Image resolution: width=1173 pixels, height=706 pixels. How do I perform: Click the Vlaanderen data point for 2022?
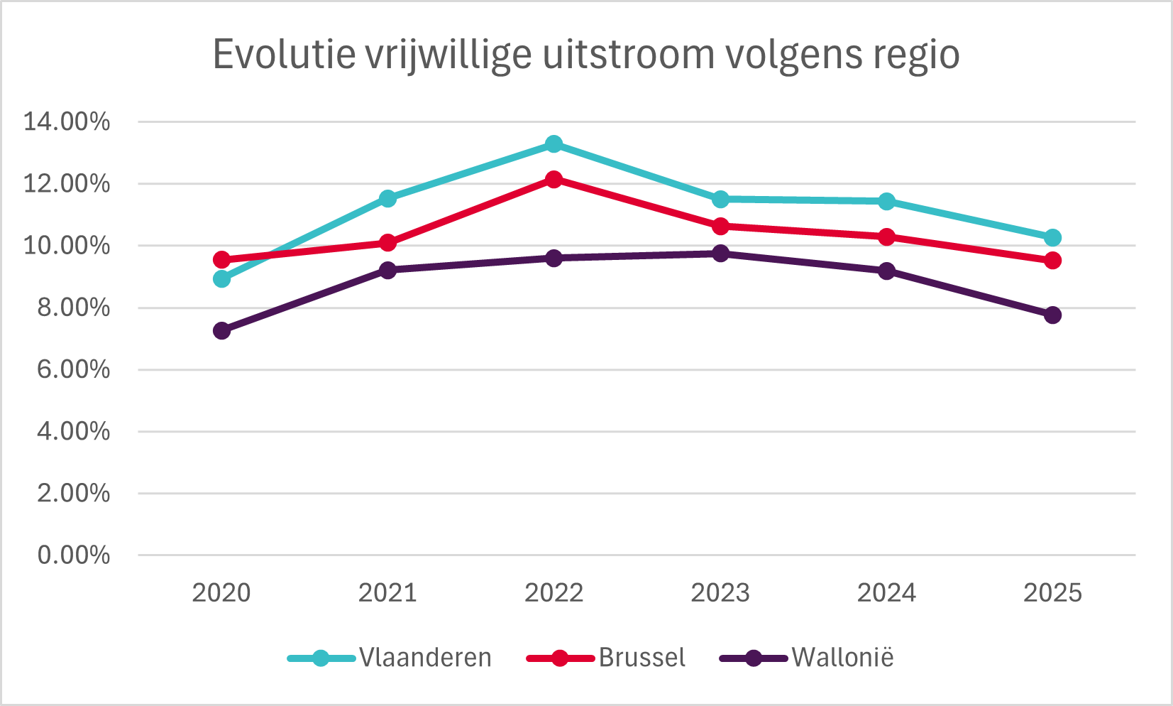click(554, 144)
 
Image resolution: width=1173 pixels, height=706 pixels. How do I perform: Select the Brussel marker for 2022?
click(554, 179)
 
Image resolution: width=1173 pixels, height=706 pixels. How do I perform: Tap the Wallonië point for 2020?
click(221, 331)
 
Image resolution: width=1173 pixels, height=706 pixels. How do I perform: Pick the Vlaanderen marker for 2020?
click(221, 279)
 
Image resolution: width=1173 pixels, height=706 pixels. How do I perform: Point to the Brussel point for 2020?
click(221, 259)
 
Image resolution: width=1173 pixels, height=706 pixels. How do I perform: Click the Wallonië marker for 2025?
click(1052, 315)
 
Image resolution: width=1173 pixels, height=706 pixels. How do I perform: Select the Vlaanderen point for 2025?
click(1052, 237)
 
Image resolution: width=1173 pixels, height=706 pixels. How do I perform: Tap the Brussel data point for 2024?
click(886, 237)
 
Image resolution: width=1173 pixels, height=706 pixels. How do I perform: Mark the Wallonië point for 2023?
click(720, 254)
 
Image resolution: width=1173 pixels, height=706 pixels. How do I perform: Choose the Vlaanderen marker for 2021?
click(387, 198)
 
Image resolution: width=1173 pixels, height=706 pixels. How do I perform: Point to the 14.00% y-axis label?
click(67, 121)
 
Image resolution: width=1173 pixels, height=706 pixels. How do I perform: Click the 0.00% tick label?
click(73, 555)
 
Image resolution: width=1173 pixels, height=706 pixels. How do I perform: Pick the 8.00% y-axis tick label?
click(73, 308)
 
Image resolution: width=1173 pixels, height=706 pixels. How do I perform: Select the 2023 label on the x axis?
click(720, 592)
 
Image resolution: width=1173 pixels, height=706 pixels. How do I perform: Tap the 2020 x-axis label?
click(221, 592)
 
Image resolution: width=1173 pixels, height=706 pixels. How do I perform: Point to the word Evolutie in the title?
click(285, 55)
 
